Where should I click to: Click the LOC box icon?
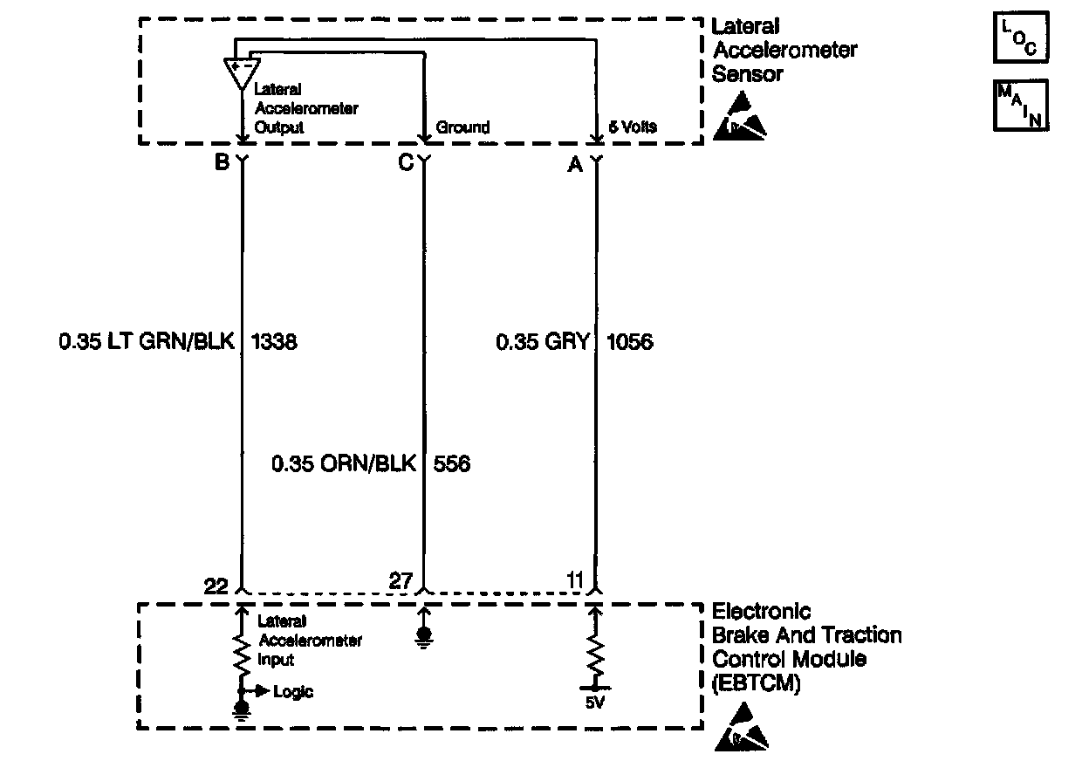pos(1020,39)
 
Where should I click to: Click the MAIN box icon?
pos(1020,106)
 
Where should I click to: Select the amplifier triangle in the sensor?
pos(241,72)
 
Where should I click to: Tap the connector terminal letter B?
pos(223,161)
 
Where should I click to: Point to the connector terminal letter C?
pos(406,162)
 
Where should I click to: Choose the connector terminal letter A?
pos(575,164)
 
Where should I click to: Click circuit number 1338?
pos(273,342)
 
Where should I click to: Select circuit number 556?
pos(451,463)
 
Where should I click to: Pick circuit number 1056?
pos(628,342)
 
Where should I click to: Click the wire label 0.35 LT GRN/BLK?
pos(147,342)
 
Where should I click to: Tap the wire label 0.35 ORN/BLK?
pos(343,463)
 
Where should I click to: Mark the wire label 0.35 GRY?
pos(542,342)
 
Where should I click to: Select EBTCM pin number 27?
pos(401,580)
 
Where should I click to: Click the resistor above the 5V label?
pos(596,653)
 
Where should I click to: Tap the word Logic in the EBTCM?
pos(293,692)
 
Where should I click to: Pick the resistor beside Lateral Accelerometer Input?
pos(241,653)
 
